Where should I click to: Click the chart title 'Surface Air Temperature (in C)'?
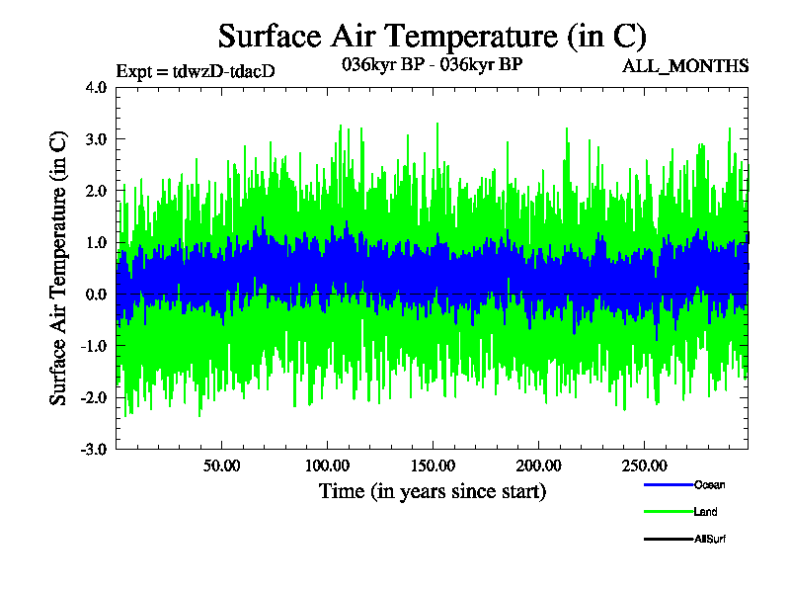tap(432, 36)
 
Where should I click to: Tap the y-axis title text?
tap(59, 268)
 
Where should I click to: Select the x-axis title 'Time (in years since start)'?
tap(432, 490)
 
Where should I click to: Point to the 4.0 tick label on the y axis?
tap(96, 87)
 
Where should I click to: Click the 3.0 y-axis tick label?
tap(96, 139)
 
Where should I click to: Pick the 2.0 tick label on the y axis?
tap(96, 191)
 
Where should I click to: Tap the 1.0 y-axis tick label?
tap(96, 242)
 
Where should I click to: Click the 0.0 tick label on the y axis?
tap(96, 295)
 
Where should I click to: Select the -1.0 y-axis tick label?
tap(94, 346)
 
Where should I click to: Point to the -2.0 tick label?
tap(94, 397)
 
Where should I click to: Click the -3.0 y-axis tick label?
tap(94, 449)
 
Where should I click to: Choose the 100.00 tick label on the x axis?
tap(326, 465)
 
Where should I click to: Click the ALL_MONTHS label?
tap(684, 66)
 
